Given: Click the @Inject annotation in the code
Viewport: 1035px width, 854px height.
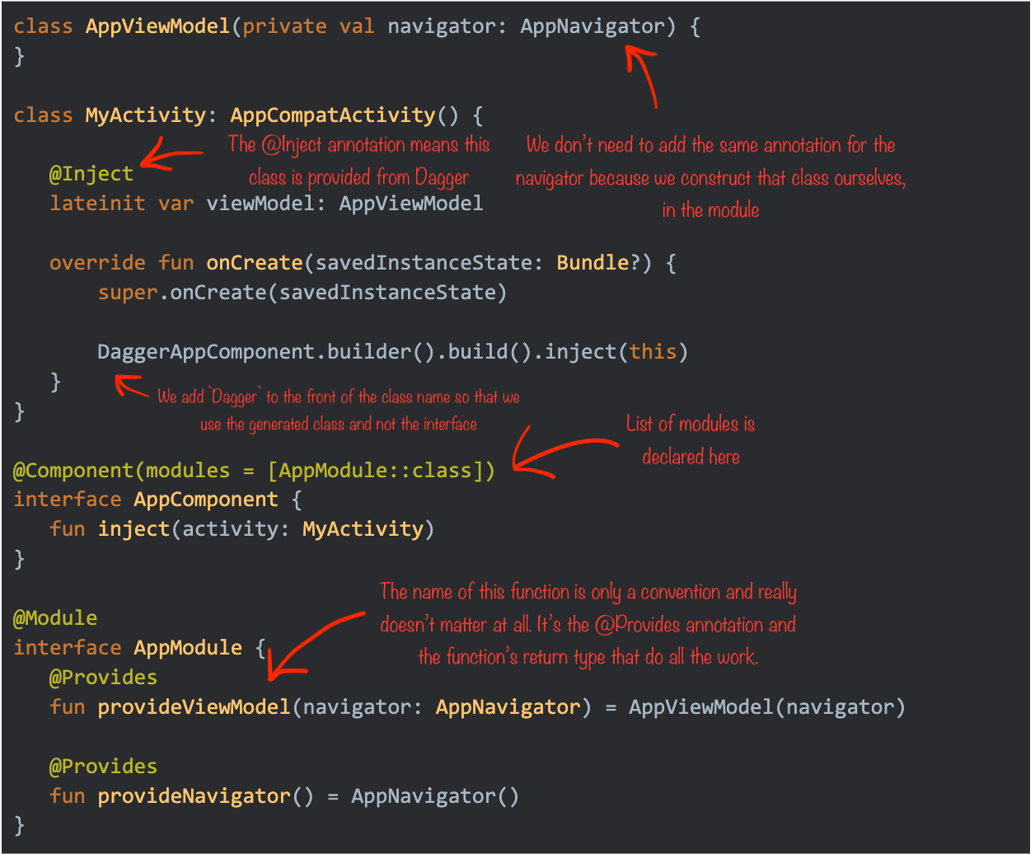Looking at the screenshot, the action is click(x=91, y=174).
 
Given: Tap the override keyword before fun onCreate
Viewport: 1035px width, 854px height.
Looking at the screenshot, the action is click(x=97, y=263).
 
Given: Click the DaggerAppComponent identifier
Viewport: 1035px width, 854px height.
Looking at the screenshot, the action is click(x=206, y=352).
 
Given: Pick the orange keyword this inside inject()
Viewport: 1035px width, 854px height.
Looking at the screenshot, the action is click(x=653, y=352).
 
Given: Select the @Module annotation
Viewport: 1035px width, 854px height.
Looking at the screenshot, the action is click(x=55, y=618).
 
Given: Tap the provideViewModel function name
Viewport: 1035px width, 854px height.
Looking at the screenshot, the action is click(x=194, y=707).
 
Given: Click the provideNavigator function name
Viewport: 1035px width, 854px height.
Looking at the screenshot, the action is click(x=194, y=796).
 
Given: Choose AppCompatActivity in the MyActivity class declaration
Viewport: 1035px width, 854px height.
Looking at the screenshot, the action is click(x=333, y=115).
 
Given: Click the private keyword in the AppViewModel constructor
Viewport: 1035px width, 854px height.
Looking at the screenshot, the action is click(x=284, y=26).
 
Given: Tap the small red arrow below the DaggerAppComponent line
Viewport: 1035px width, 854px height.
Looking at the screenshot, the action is click(x=132, y=386).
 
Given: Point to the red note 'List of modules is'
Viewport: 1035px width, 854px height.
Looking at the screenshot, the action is click(x=691, y=424).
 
